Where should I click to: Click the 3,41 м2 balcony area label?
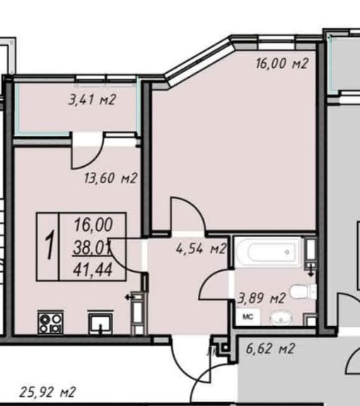pyautogui.click(x=92, y=100)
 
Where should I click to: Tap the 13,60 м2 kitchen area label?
pyautogui.click(x=110, y=178)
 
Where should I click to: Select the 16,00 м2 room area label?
pyautogui.click(x=282, y=64)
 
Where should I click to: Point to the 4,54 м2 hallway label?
pyautogui.click(x=201, y=249)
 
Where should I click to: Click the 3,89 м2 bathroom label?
pyautogui.click(x=262, y=298)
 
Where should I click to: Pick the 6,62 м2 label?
pyautogui.click(x=270, y=349)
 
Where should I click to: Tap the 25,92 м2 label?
pyautogui.click(x=47, y=392)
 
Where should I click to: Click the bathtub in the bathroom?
pyautogui.click(x=269, y=252)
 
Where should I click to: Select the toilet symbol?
pyautogui.click(x=303, y=291)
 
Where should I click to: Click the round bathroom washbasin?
pyautogui.click(x=281, y=318)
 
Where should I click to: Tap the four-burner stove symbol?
pyautogui.click(x=50, y=323)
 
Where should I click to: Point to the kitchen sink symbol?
pyautogui.click(x=100, y=323)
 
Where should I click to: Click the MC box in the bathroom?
pyautogui.click(x=248, y=317)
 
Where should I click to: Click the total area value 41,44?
pyautogui.click(x=93, y=269)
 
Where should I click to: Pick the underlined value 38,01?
pyautogui.click(x=92, y=248)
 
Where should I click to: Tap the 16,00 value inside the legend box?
pyautogui.click(x=93, y=224)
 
